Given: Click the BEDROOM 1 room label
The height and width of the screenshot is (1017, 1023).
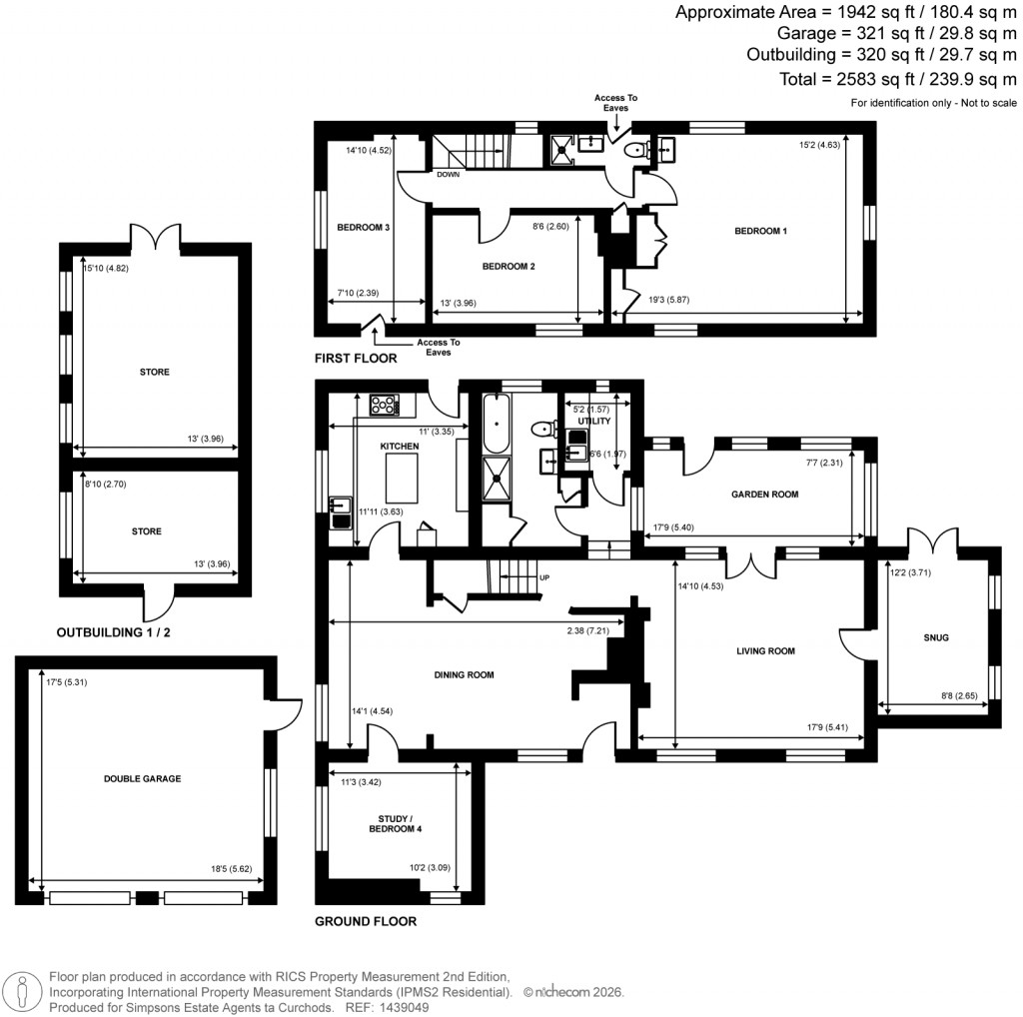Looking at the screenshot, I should (x=761, y=231).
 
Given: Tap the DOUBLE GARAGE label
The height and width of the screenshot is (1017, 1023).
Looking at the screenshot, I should (x=141, y=778).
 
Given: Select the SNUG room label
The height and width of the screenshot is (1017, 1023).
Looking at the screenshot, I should (x=936, y=637).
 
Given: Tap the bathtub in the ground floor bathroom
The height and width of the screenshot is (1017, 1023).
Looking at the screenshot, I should (x=496, y=424).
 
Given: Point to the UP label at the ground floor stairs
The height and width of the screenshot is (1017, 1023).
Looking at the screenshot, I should (x=545, y=578).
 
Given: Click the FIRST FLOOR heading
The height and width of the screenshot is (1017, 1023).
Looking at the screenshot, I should (x=356, y=358).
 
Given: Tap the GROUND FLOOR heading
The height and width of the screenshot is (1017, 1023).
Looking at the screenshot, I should (x=366, y=921).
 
